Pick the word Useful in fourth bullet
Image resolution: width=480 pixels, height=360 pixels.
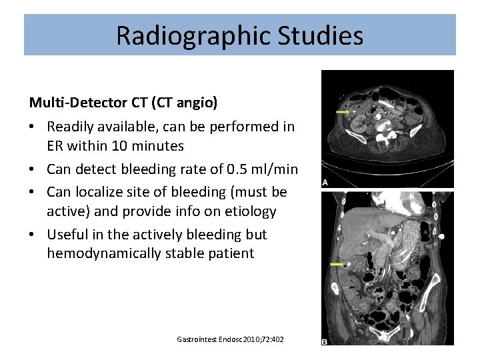(68, 235)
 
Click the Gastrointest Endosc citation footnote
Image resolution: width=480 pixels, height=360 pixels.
(230, 339)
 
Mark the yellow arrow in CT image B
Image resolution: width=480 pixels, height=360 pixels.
(339, 265)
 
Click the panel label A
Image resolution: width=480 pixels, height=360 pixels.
(325, 182)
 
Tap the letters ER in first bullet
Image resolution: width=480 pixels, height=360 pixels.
(55, 145)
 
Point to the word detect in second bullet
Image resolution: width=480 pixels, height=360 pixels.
(99, 169)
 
